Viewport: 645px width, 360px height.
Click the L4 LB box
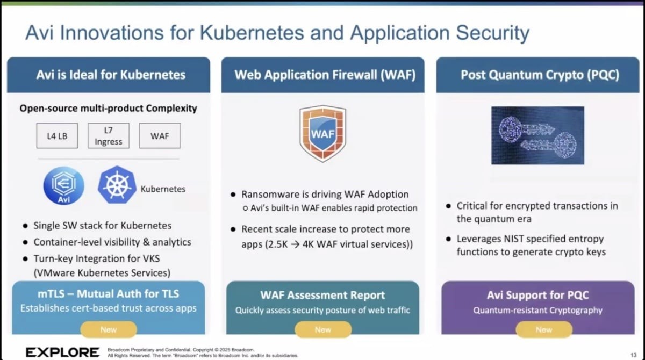point(57,136)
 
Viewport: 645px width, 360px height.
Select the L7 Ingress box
point(109,136)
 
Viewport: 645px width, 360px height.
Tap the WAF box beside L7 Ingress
point(160,136)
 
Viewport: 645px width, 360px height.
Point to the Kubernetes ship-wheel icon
point(117,184)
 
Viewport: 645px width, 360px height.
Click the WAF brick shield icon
point(322,133)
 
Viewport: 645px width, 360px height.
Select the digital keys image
point(537,135)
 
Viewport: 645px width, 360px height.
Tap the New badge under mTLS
point(109,329)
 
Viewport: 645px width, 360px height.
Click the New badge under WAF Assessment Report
point(323,329)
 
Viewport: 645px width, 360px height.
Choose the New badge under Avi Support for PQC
point(544,329)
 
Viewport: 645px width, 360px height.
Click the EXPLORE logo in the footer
point(62,352)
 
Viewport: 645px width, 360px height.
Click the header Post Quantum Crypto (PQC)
point(540,75)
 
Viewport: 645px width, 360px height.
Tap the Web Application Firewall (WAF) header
point(325,75)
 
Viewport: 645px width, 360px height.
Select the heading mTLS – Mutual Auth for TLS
point(108,294)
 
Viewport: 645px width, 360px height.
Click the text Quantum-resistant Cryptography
point(537,310)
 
